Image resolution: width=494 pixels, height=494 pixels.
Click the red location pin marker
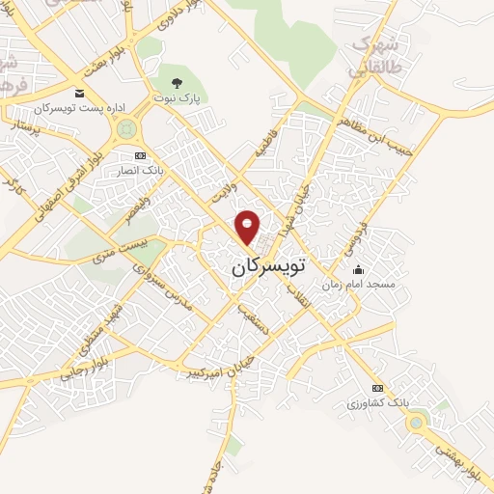click(x=248, y=226)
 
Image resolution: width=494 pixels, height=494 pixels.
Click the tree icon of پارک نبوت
click(x=176, y=83)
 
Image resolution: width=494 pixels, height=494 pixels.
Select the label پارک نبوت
click(x=176, y=98)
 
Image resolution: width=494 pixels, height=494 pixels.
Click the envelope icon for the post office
click(x=79, y=94)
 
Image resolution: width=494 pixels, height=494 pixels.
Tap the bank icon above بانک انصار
click(x=140, y=156)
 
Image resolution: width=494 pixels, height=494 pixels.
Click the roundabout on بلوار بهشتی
click(x=416, y=421)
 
